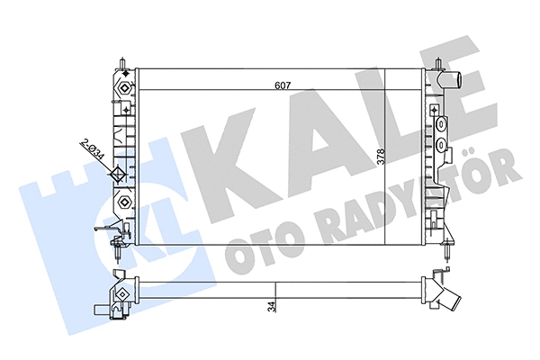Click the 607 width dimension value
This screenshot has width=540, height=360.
click(x=283, y=86)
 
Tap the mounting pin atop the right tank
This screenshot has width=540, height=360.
click(x=437, y=64)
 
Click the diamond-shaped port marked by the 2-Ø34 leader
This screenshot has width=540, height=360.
click(x=121, y=175)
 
